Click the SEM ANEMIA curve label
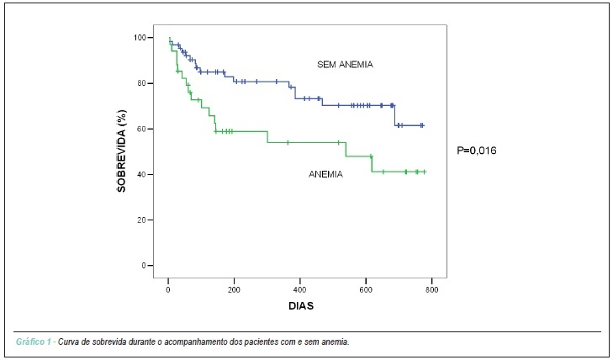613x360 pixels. coord(345,65)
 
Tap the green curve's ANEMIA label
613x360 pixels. coord(325,174)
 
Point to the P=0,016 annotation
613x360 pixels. coord(477,151)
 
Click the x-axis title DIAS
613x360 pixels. coord(301,305)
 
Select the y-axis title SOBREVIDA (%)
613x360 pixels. coord(122,151)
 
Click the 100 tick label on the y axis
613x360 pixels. coord(140,38)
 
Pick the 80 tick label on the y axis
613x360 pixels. coord(141,83)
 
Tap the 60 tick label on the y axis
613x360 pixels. coord(141,129)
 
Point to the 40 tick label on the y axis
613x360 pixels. coord(141,174)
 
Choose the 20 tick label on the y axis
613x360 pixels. coord(141,220)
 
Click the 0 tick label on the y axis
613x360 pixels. coord(144,266)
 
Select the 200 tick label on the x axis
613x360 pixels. coord(234,290)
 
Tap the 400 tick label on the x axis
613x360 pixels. coord(300,290)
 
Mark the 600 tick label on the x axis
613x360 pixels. coord(366,290)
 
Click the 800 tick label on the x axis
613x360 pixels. coord(431,290)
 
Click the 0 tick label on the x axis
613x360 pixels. coord(168,290)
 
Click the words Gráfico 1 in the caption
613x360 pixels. coord(34,341)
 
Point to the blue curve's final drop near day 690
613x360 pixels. coord(395,116)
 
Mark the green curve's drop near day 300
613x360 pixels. coord(267,137)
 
